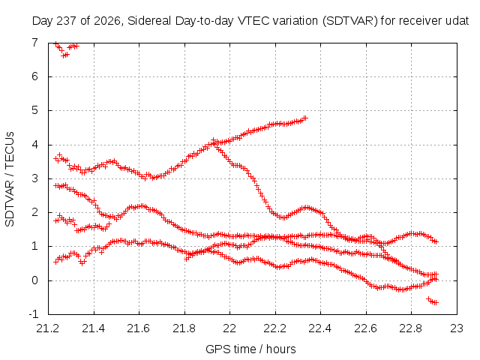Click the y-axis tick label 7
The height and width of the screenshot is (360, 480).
tap(35, 42)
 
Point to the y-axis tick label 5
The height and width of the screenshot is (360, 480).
tap(35, 110)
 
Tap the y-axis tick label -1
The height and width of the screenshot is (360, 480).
tap(33, 314)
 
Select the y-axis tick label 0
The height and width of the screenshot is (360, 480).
tap(35, 280)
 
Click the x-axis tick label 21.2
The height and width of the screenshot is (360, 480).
tap(48, 328)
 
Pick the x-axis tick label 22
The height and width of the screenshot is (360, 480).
tap(229, 328)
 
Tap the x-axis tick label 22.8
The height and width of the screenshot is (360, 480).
tap(411, 328)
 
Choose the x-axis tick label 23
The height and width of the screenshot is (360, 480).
tap(457, 328)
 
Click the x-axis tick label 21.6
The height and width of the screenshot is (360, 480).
tap(139, 328)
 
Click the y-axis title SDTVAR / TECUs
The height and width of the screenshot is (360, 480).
tap(10, 179)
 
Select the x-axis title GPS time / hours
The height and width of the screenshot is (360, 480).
tap(250, 349)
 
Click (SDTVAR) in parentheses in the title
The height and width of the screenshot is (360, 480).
tap(350, 21)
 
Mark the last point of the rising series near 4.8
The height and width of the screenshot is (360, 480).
tap(305, 118)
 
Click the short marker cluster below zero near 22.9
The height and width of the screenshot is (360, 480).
tap(432, 301)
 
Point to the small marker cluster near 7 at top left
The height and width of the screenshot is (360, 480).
tap(66, 49)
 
